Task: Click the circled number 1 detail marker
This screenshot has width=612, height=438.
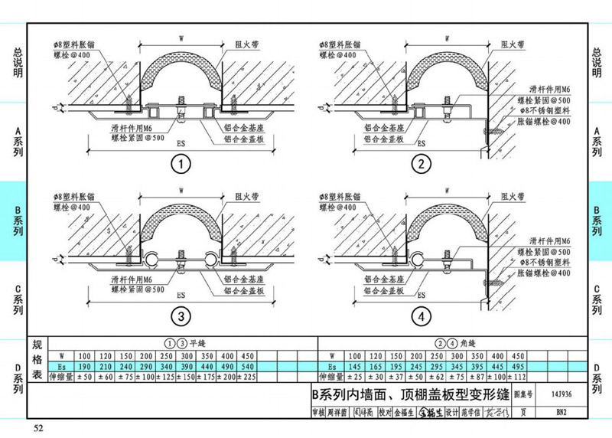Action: click(x=181, y=164)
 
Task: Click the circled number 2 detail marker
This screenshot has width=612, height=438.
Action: click(x=420, y=164)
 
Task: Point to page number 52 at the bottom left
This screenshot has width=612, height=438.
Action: click(x=38, y=427)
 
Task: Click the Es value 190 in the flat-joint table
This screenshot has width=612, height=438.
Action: click(x=84, y=366)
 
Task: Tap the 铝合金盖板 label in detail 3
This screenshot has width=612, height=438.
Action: click(x=244, y=292)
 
